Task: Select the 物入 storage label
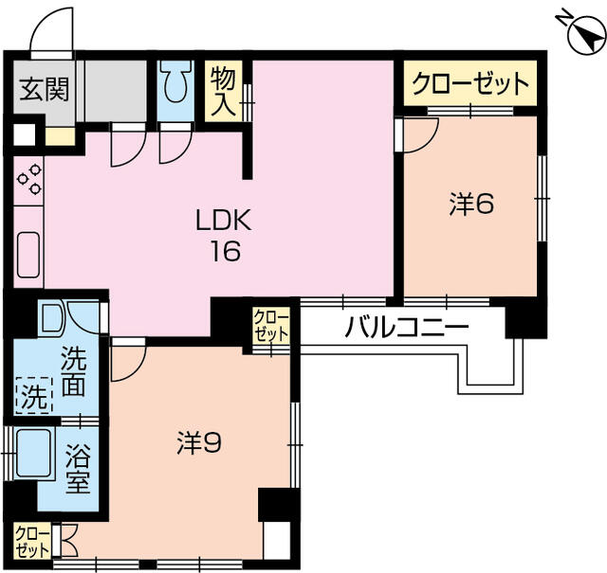tap(223, 90)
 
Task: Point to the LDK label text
tap(222, 222)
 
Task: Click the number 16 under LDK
tap(224, 251)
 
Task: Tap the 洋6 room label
tap(471, 205)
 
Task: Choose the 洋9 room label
tap(200, 441)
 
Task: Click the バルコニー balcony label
tap(407, 328)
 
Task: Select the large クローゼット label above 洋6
tap(469, 85)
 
